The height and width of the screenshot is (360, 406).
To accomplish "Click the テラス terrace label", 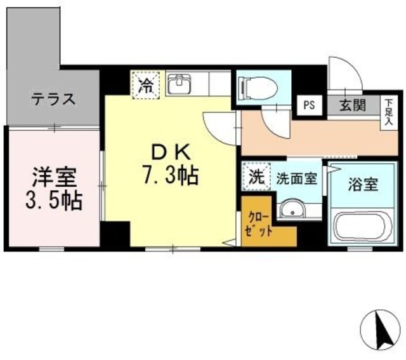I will point(54,99).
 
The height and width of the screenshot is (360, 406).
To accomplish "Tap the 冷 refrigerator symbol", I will point(145,85).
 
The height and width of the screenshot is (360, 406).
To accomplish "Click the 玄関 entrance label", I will point(352,105).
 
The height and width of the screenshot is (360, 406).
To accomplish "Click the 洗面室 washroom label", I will point(296,178).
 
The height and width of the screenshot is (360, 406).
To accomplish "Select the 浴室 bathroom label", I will point(362,185).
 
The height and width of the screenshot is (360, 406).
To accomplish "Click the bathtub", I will point(362,227).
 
